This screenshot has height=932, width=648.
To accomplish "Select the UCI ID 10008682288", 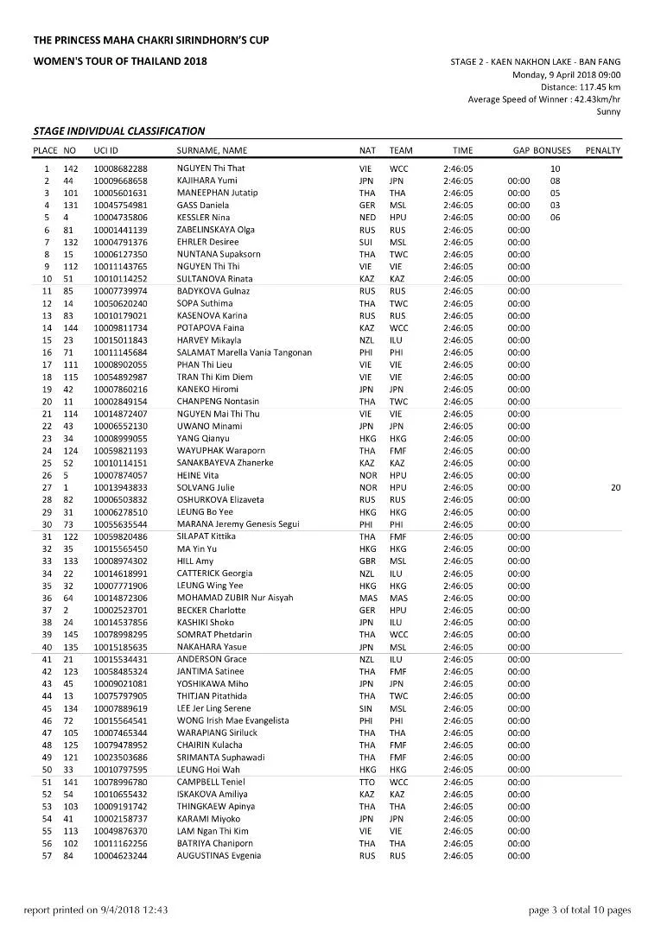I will [x=121, y=168].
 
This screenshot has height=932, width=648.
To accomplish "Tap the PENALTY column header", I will [x=602, y=150].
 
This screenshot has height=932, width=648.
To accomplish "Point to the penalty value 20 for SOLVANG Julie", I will [x=615, y=487].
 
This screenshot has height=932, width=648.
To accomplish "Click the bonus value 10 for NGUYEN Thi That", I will [x=556, y=168].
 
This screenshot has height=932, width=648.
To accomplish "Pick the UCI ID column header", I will [x=106, y=150].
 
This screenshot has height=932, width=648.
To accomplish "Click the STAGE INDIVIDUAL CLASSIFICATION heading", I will [x=118, y=131].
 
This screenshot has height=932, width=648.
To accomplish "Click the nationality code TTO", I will [x=366, y=782].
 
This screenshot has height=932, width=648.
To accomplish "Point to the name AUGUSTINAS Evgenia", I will [x=219, y=855].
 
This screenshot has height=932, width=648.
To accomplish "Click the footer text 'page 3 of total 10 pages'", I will [x=580, y=910].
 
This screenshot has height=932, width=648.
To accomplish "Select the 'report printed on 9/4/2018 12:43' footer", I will [x=95, y=910].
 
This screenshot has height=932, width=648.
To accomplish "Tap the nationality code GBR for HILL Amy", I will [x=367, y=561].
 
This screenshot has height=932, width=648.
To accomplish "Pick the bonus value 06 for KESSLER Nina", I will [x=556, y=218].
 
